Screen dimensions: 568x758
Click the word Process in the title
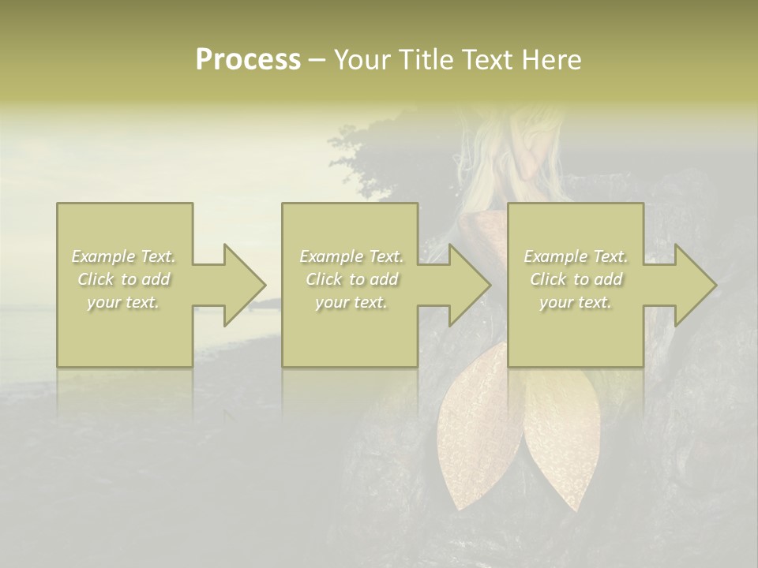(248, 60)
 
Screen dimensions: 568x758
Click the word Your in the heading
(364, 60)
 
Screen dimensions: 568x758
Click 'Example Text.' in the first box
(124, 256)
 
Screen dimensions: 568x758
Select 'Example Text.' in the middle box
(351, 256)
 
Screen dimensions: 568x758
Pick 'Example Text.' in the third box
(576, 256)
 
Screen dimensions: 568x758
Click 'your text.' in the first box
(124, 302)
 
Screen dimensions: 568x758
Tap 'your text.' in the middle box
(351, 302)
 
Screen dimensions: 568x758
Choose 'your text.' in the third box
(576, 302)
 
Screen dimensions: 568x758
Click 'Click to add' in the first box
(124, 279)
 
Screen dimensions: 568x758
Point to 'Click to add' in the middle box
(351, 279)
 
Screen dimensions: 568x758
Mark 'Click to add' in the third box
(576, 279)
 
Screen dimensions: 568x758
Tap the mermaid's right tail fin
(557, 442)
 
